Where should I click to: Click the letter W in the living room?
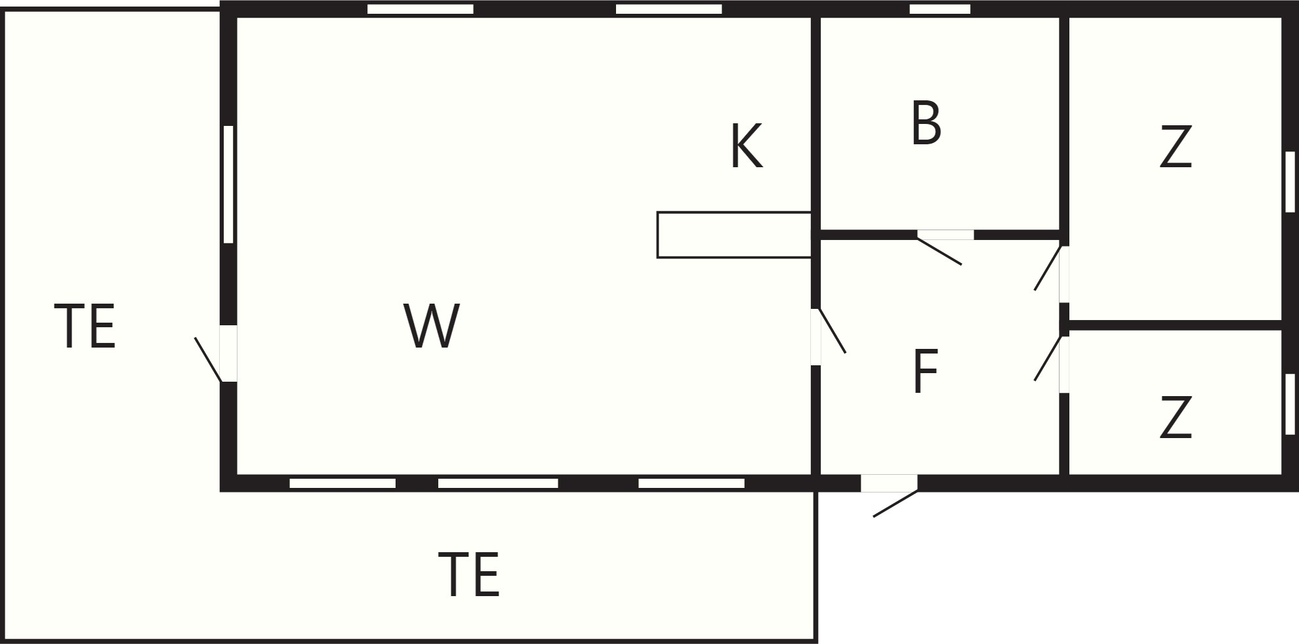point(432,325)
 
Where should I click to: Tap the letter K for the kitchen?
point(747,146)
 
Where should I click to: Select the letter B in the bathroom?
point(926,123)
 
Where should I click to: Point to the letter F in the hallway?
point(925,371)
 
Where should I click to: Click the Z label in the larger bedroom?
point(1175,146)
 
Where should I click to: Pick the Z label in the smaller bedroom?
point(1175,417)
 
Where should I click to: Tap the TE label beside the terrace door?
point(85,326)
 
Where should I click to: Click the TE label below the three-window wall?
point(468,574)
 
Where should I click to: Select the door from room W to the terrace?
point(216,354)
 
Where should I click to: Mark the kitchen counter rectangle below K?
point(734,235)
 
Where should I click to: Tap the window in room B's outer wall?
point(939,9)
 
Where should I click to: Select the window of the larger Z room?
point(1290,182)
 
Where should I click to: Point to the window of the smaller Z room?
point(1290,404)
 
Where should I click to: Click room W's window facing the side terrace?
point(228,184)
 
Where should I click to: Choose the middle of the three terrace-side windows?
point(498,483)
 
